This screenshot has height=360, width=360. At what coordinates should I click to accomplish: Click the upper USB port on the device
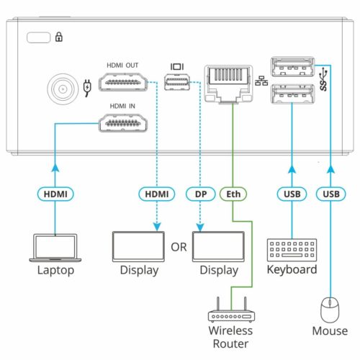tap(292, 68)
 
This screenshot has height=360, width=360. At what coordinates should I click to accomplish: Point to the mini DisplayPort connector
tap(177, 86)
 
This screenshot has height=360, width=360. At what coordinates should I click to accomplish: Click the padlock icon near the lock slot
tap(59, 37)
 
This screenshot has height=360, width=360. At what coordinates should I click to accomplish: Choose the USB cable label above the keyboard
tap(292, 193)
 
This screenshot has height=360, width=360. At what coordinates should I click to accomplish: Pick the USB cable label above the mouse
tap(330, 193)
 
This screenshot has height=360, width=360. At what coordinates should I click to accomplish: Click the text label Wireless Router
tap(230, 337)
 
